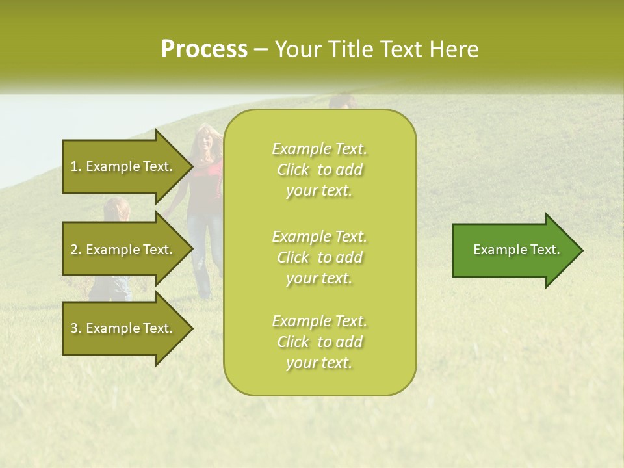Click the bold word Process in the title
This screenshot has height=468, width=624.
(204, 49)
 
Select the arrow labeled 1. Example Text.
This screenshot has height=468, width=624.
(123, 166)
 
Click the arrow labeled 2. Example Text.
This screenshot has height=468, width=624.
(123, 250)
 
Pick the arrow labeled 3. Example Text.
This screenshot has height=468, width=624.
(123, 328)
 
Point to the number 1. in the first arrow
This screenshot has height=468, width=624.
(76, 166)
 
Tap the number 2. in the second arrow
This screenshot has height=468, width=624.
(76, 250)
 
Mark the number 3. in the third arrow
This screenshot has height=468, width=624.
(76, 328)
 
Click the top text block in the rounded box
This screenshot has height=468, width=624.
(319, 170)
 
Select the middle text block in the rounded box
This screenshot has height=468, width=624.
(319, 257)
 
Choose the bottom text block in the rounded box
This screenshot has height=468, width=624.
(319, 342)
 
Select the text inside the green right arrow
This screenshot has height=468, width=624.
(517, 250)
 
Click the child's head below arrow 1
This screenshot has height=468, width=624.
(114, 209)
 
